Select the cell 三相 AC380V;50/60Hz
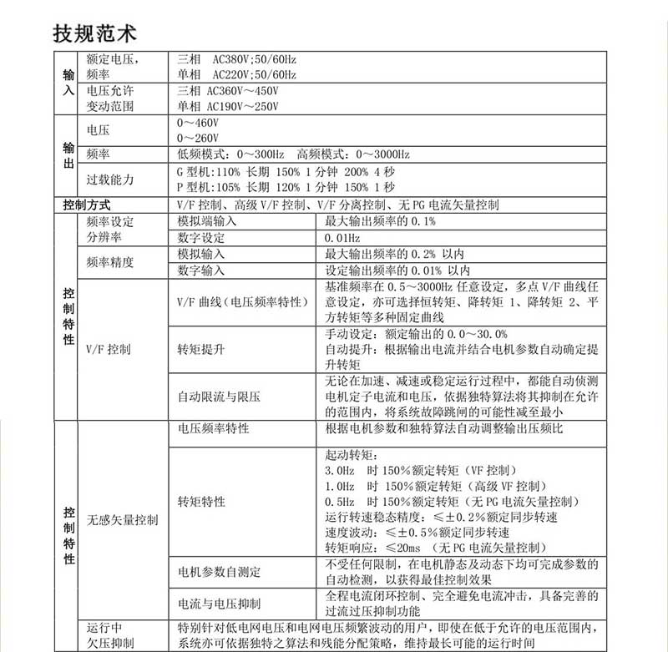point(237,60)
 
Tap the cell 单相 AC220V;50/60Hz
point(237,74)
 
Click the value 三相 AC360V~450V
point(228,91)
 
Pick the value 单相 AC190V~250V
point(228,106)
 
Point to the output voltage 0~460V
point(198,123)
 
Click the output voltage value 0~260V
point(198,138)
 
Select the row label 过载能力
point(110,179)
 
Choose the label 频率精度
point(110,262)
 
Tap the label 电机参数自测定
point(219,572)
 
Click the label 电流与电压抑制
point(219,604)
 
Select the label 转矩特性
point(201,501)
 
